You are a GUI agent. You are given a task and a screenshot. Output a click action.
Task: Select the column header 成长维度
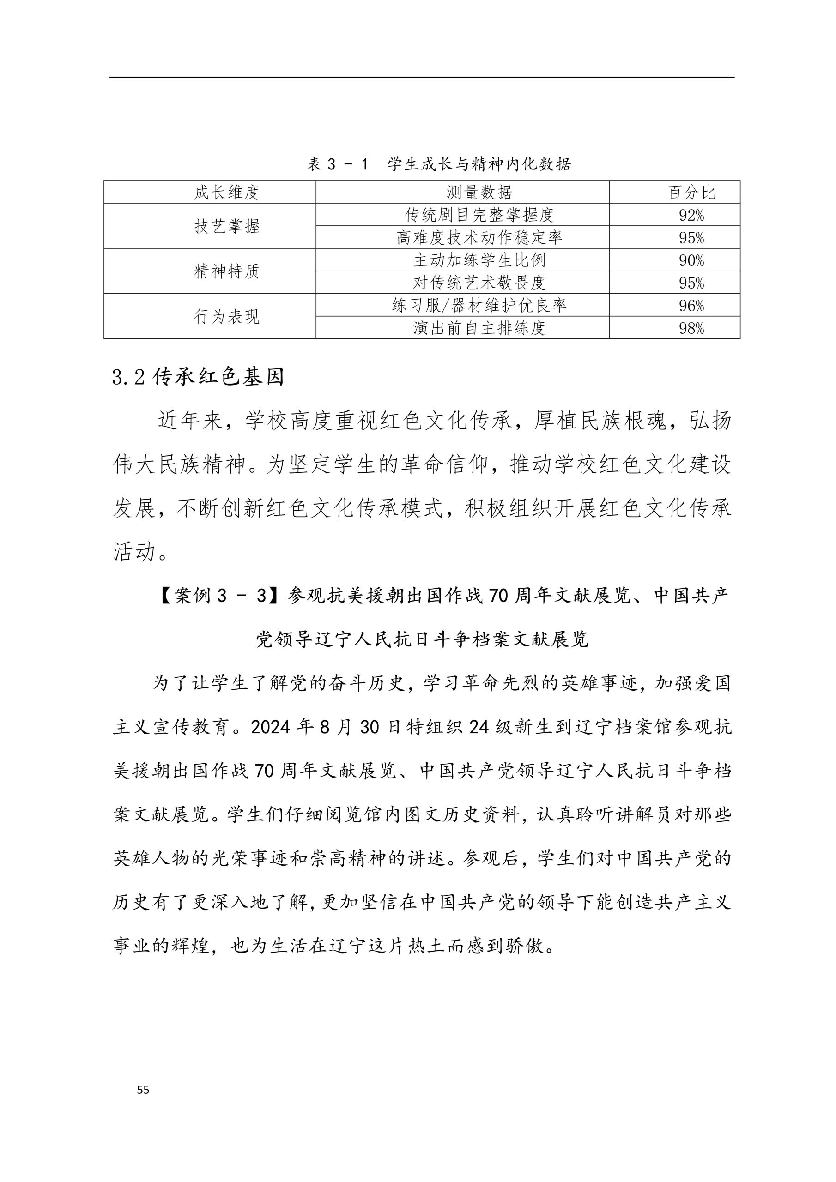227,193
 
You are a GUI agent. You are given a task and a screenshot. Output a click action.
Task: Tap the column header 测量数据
479,193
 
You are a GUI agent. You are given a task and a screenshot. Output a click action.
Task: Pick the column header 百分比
691,193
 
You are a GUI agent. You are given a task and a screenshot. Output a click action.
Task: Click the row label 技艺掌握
227,226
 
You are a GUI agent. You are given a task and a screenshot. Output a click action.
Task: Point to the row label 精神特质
227,271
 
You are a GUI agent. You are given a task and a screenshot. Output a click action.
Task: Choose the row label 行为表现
227,317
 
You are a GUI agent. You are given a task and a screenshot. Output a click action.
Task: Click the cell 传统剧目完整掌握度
479,215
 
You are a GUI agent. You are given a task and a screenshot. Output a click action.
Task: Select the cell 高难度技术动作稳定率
479,237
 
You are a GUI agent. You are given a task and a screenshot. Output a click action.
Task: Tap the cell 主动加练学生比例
479,260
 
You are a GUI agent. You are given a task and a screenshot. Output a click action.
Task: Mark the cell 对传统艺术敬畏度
479,283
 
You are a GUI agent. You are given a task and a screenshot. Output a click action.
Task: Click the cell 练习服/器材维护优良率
479,305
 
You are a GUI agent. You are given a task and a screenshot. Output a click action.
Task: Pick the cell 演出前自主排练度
479,328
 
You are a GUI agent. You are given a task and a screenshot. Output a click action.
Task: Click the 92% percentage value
691,215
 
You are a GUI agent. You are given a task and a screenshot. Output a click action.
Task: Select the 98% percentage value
691,328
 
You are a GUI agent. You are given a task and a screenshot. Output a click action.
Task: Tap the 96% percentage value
691,306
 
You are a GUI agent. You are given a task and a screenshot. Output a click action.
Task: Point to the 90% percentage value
691,260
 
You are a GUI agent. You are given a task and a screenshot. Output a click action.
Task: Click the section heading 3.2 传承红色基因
198,377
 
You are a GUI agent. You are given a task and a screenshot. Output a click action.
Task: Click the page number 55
143,1089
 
